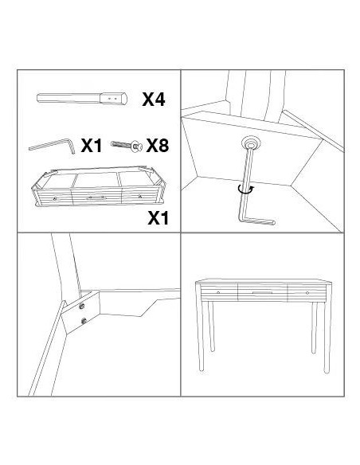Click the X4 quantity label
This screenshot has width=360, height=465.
tap(154, 99)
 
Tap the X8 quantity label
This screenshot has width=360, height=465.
tap(158, 145)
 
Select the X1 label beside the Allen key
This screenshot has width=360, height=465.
tap(92, 146)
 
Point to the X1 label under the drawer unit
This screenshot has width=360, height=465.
tap(158, 218)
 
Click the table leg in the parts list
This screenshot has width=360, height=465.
tap(82, 99)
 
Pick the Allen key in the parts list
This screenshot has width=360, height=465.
tap(53, 146)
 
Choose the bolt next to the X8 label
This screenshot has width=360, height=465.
tap(127, 145)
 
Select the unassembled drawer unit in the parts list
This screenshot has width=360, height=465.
tap(99, 186)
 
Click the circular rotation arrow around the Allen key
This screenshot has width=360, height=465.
tap(247, 190)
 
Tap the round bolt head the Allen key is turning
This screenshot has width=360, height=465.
tap(251, 143)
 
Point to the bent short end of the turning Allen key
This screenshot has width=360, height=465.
tap(257, 221)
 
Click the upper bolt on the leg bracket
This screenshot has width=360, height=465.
tap(82, 307)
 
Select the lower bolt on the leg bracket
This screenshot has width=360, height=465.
tap(84, 321)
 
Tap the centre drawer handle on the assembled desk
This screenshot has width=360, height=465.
tap(262, 292)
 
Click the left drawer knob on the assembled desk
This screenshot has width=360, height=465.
tap(218, 292)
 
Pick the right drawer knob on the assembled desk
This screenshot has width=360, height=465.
tap(307, 293)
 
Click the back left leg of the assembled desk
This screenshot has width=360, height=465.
tap(211, 326)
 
